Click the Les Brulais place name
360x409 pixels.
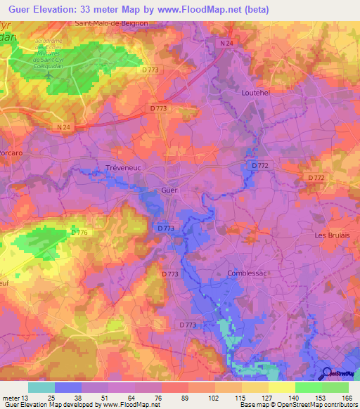coord(333,235)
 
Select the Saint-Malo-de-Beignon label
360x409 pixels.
coord(111,24)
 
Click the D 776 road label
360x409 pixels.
coord(79,233)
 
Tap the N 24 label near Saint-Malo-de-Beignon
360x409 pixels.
coord(225,43)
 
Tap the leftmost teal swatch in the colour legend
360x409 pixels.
coord(41,387)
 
